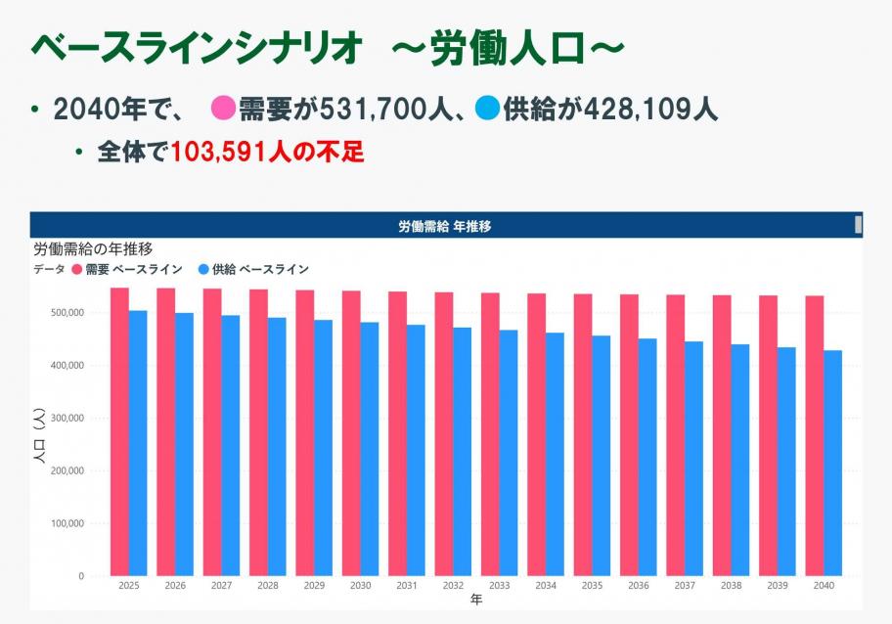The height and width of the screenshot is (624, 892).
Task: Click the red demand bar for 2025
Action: coord(119,430)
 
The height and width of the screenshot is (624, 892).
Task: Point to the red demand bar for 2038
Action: coord(722,435)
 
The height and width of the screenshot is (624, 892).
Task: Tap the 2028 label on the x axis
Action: coord(267,586)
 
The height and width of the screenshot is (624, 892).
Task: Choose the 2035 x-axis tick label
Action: coord(592,586)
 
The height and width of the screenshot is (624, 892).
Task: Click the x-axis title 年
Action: coord(475,599)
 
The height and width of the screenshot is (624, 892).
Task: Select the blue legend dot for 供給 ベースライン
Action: coord(203,269)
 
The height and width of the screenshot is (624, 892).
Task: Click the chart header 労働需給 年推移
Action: coord(445,226)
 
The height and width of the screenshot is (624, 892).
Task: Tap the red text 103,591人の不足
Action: coord(267,154)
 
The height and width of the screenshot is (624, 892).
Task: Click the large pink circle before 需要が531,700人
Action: coord(223,109)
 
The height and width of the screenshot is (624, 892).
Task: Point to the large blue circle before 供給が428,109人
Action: coord(487,109)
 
